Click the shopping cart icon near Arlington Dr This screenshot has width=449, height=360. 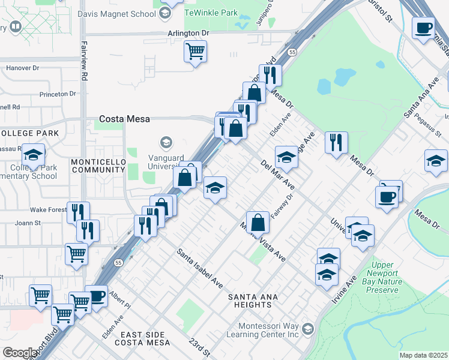click(196, 51)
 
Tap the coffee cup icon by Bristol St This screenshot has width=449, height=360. click(424, 28)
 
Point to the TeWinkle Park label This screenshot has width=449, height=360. click(211, 13)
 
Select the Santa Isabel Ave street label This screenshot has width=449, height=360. click(199, 267)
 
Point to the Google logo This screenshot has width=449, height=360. click(19, 352)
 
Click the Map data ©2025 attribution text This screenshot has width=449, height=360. click(423, 355)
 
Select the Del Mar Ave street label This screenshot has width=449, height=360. click(277, 175)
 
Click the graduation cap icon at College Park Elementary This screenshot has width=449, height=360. click(34, 155)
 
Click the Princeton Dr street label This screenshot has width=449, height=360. click(58, 94)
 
